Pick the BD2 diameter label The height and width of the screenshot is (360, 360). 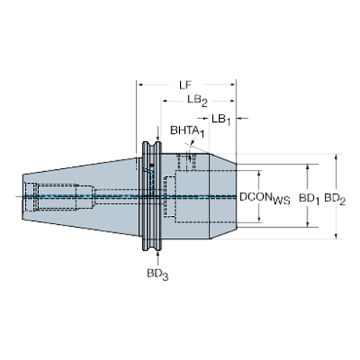335,197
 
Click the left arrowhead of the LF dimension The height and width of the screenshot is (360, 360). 140,82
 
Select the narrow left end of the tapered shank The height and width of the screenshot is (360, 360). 24,196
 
